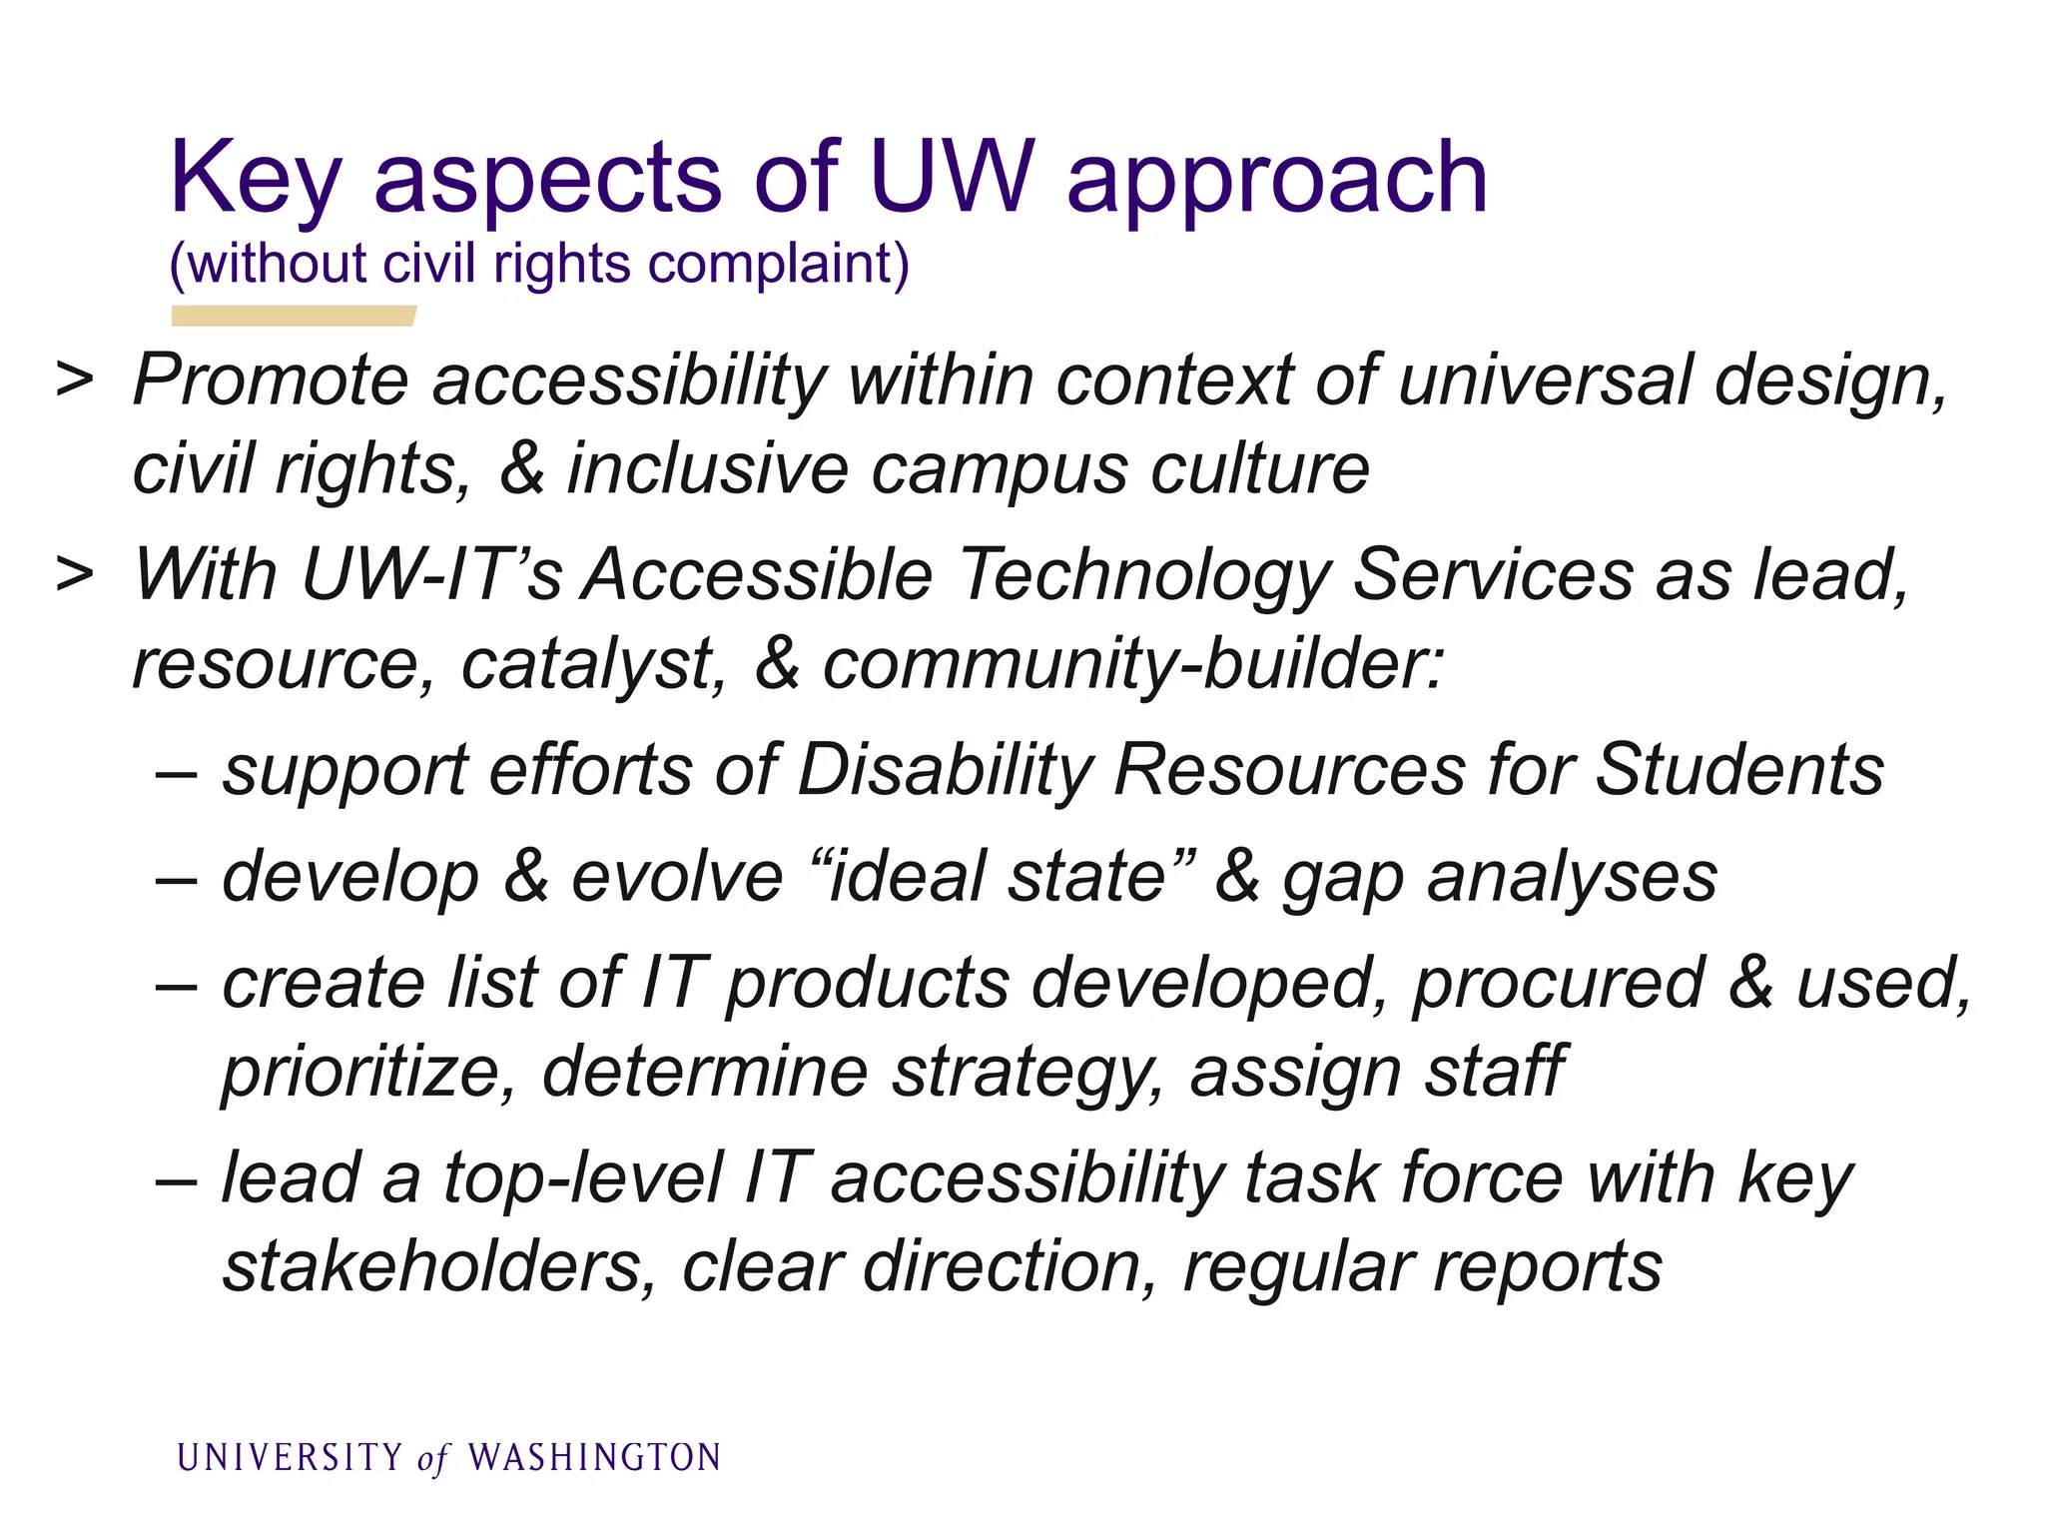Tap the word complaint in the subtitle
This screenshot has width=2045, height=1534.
pyautogui.click(x=778, y=265)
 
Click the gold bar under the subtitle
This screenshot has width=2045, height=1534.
pyautogui.click(x=293, y=316)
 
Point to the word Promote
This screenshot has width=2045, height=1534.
pyautogui.click(x=271, y=382)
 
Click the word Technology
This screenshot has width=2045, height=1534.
pyautogui.click(x=1144, y=577)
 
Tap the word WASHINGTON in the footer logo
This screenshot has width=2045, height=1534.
pyautogui.click(x=594, y=1458)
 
